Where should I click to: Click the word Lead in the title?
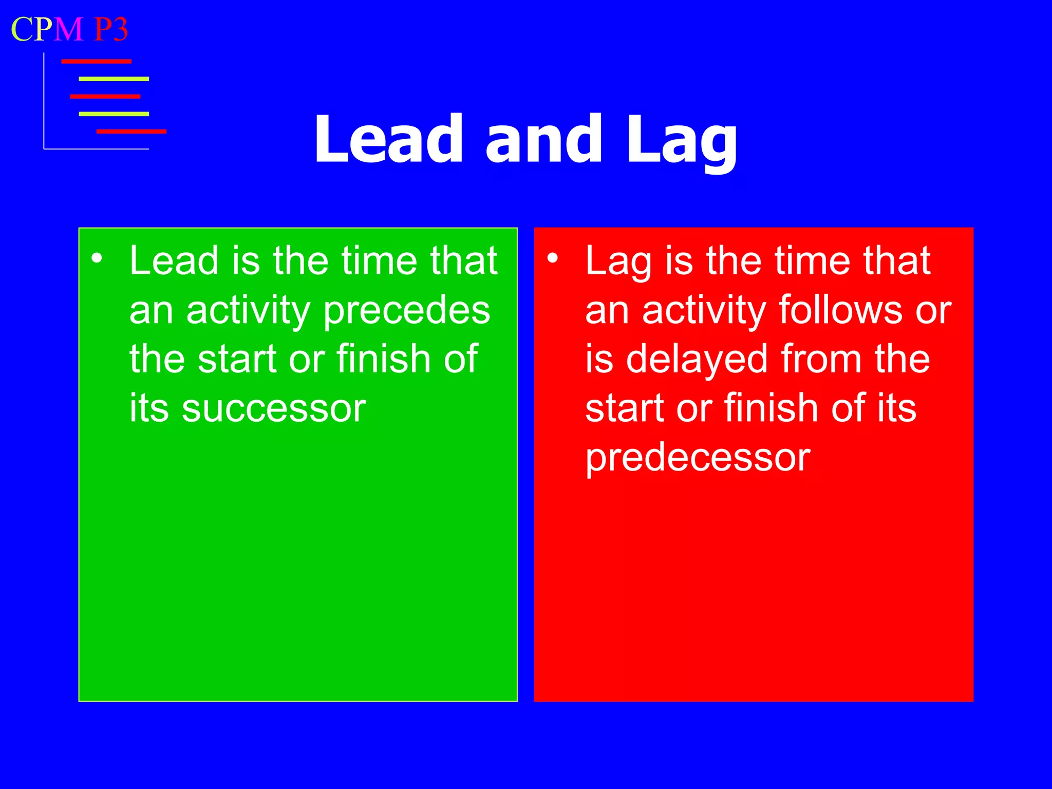[x=388, y=140]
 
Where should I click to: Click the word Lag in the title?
[x=682, y=142]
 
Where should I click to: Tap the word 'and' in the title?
[x=543, y=140]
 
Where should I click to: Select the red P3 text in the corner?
[x=111, y=29]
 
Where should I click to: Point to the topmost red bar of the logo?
[x=96, y=62]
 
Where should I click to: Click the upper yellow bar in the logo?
[x=114, y=79]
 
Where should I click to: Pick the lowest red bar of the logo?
[x=131, y=131]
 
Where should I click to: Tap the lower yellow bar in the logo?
[x=114, y=114]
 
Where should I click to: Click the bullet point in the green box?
[x=97, y=258]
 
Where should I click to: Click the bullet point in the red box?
[x=552, y=258]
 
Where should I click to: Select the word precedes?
[x=407, y=310]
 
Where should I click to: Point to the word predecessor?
[x=698, y=457]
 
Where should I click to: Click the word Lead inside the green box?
[x=173, y=261]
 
